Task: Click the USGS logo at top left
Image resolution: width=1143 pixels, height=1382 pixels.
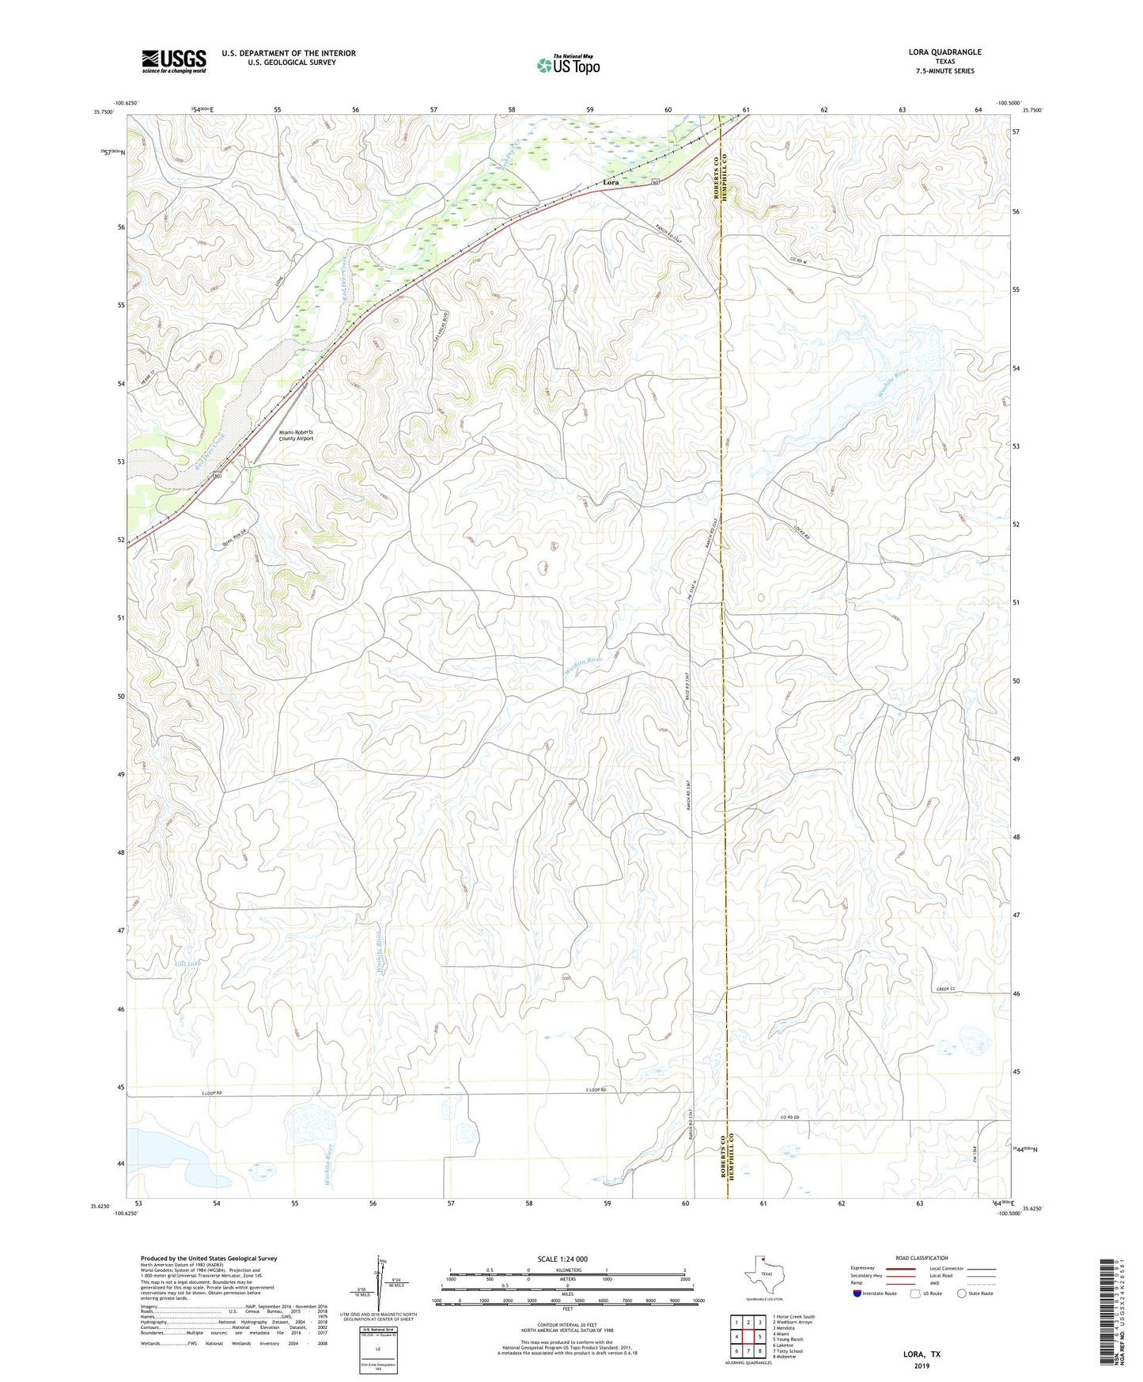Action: pos(174,60)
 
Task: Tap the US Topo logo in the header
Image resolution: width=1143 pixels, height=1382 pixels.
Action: pos(568,65)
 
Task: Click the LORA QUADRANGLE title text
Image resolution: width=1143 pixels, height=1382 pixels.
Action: pos(944,52)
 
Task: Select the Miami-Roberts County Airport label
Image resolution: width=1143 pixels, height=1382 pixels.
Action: pos(296,435)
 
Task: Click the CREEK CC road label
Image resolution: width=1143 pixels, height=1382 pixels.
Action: pos(946,989)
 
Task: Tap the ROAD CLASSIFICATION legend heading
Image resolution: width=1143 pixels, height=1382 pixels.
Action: pos(921,1258)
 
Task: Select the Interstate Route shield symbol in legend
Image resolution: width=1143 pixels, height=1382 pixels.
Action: pos(857,1293)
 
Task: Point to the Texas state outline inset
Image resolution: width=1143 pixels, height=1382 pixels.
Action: pos(763,1274)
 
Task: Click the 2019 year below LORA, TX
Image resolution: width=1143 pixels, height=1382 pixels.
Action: pos(922,1365)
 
